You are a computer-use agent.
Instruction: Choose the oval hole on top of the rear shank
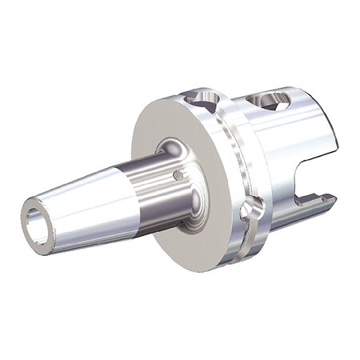coord(270,101)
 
